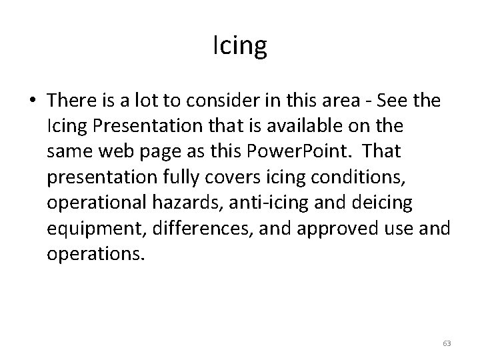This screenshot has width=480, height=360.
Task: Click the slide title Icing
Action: click(x=240, y=46)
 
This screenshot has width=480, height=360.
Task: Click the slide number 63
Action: click(x=447, y=343)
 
